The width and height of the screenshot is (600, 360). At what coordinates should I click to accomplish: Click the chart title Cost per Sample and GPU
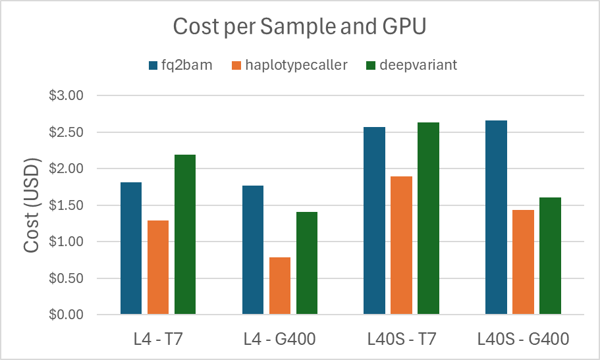tap(300, 27)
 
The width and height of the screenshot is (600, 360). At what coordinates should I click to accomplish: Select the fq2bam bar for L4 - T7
tap(131, 248)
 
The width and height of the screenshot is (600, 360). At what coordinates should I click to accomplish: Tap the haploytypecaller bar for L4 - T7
tap(158, 267)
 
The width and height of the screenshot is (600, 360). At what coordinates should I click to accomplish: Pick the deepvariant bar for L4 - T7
tap(185, 234)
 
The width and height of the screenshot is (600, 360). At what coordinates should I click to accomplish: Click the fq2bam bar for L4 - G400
tap(253, 250)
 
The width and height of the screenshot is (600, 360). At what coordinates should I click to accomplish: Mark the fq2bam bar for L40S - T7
tap(374, 220)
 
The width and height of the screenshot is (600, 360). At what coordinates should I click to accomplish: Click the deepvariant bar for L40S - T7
tap(428, 219)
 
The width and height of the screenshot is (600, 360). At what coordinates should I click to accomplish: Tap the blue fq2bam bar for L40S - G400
tap(496, 217)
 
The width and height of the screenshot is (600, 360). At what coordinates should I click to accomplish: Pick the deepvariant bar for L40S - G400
tap(550, 256)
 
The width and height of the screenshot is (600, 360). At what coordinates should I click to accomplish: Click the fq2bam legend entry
tap(180, 64)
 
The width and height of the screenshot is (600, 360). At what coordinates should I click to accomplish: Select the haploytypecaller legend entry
tap(290, 64)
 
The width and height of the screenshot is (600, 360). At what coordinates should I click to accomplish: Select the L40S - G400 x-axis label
tap(522, 340)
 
